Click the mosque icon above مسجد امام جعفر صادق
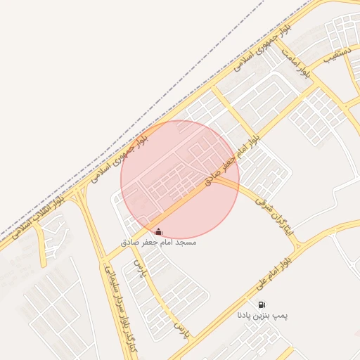coord(158,232)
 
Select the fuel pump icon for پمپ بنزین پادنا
coord(262,305)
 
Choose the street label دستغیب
coord(337,55)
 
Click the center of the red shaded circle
coord(180,179)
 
